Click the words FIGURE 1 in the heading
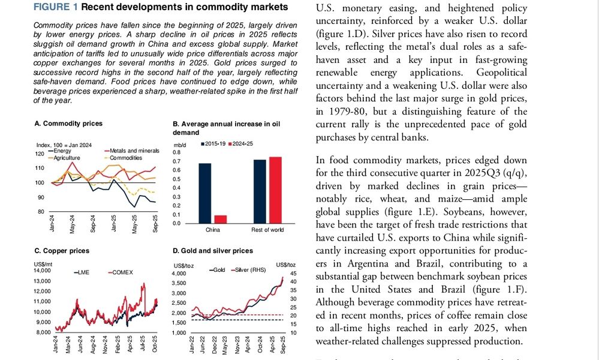[55, 7]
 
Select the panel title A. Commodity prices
[68, 124]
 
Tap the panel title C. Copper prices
[62, 251]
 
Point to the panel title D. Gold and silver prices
[212, 251]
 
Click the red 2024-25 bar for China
[219, 219]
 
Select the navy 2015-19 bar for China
[205, 193]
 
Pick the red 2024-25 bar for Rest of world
[274, 190]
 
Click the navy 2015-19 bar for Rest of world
[260, 191]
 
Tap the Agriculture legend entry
[65, 158]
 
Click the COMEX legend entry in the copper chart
[121, 272]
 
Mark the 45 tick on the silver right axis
[285, 273]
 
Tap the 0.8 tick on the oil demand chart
[177, 152]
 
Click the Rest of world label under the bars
[267, 229]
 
